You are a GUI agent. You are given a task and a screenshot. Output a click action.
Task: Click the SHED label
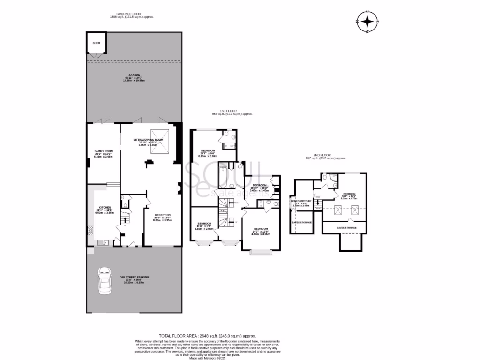96,43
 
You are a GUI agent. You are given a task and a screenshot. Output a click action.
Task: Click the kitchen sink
104,242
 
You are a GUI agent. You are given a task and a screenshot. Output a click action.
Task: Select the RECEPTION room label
162,215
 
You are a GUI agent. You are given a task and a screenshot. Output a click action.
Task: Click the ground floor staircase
126,218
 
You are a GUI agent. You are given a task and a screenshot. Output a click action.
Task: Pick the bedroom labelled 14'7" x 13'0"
261,229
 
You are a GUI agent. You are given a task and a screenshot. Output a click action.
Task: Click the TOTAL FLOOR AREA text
208,336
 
